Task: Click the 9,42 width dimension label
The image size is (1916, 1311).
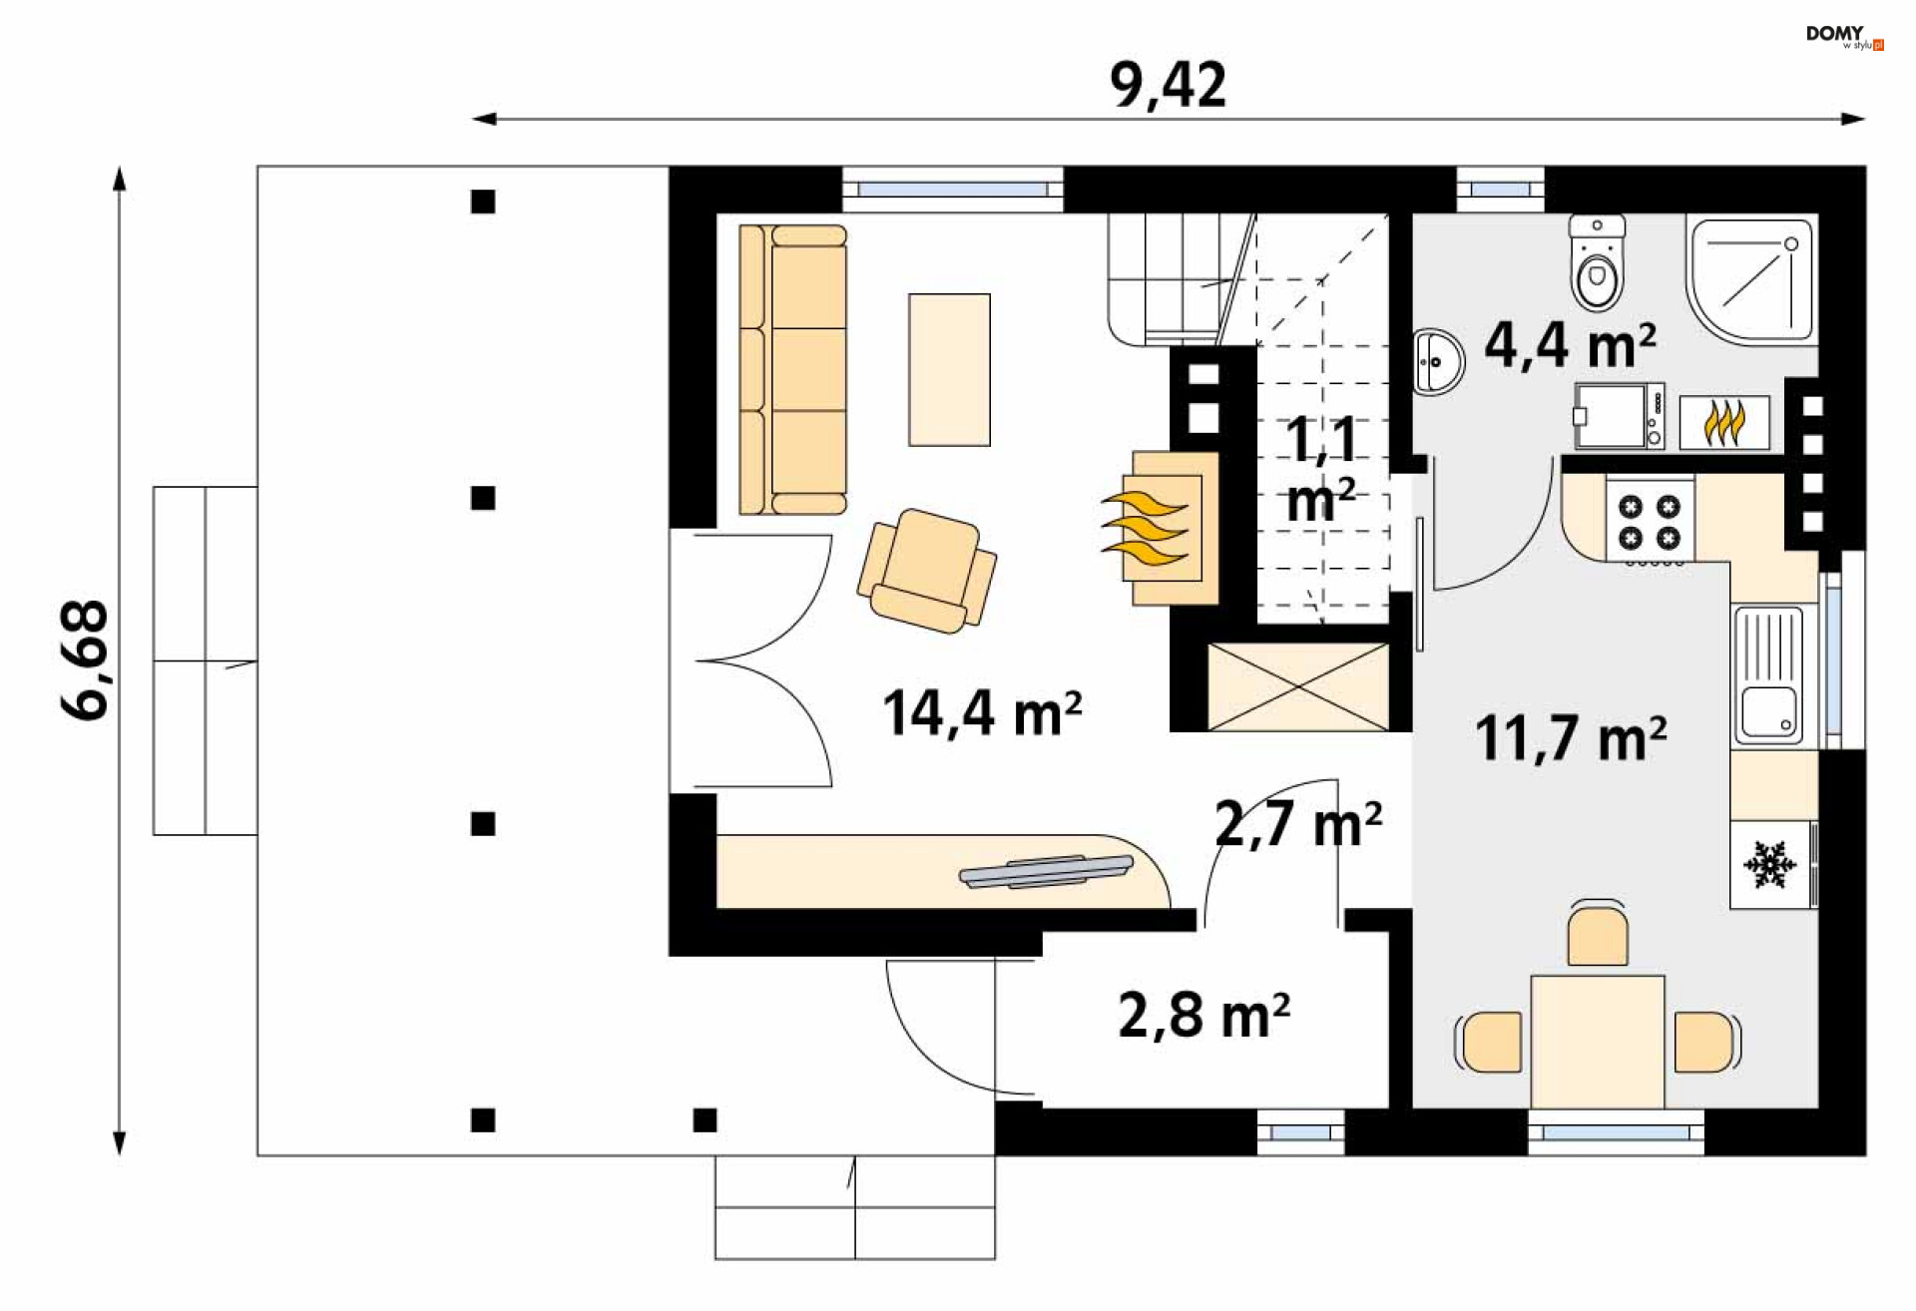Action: tap(1168, 85)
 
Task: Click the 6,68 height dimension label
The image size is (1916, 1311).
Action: tap(85, 659)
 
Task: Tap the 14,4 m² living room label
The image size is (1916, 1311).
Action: tap(982, 712)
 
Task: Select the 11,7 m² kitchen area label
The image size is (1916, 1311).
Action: tap(1571, 737)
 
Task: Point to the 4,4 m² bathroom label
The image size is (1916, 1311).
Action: tap(1571, 345)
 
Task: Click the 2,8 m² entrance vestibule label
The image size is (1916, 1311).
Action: tap(1204, 1015)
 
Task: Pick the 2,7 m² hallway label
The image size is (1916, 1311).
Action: tap(1298, 824)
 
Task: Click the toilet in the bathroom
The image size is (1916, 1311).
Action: tap(1597, 262)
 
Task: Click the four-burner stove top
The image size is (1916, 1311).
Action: tap(1650, 522)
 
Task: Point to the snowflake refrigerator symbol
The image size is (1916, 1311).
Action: tap(1769, 864)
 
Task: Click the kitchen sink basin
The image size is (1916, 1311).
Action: tap(1768, 711)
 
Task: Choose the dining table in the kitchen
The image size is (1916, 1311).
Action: tap(1598, 1042)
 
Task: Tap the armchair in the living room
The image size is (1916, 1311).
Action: tap(927, 571)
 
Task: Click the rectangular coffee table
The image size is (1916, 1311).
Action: tap(949, 369)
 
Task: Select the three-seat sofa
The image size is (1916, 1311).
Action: tap(793, 369)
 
